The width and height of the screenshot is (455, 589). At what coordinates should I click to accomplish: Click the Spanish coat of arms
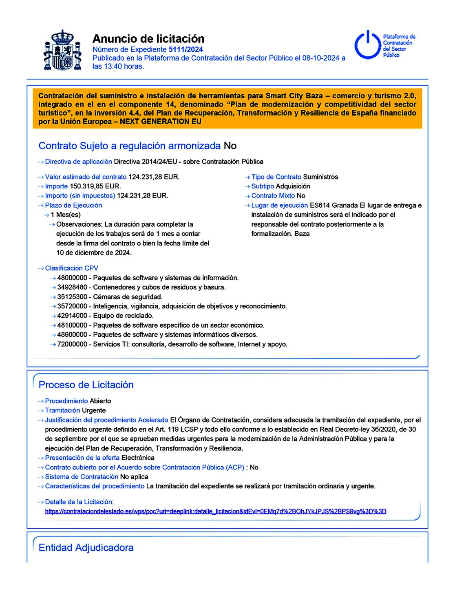click(x=62, y=50)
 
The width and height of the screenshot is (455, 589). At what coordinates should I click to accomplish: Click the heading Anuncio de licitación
click(x=148, y=39)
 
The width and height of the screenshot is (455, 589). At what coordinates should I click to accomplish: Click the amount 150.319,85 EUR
click(x=95, y=186)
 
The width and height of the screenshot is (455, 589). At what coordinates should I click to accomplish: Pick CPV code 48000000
click(x=72, y=278)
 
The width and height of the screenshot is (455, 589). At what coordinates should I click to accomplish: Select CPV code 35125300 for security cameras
click(x=72, y=297)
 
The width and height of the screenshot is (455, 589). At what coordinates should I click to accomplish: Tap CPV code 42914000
click(x=72, y=316)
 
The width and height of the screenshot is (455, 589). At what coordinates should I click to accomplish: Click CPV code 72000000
click(x=72, y=344)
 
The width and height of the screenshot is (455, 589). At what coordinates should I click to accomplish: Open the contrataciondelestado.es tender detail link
click(x=215, y=511)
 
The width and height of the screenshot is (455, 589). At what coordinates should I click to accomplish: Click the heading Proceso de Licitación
click(x=86, y=385)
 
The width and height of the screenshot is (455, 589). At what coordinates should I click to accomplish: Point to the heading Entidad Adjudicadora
click(x=86, y=547)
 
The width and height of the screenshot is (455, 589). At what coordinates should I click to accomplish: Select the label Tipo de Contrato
click(x=276, y=177)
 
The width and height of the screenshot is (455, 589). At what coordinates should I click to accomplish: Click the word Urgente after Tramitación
click(x=94, y=410)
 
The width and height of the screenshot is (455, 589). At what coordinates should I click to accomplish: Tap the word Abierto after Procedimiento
click(x=100, y=401)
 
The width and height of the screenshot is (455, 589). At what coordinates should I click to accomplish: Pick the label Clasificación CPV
click(x=71, y=268)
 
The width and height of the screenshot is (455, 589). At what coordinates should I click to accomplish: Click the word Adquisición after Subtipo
click(x=293, y=186)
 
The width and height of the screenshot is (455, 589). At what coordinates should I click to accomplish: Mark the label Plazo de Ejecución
click(x=73, y=206)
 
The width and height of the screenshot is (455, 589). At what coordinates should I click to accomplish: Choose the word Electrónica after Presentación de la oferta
click(x=138, y=458)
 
